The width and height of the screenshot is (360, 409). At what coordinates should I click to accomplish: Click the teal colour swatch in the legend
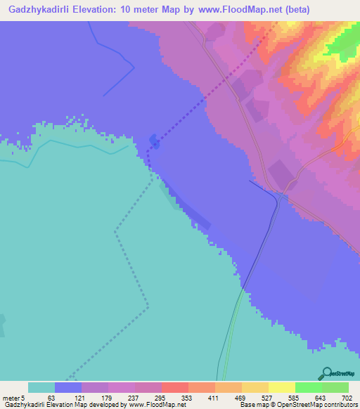(41, 387)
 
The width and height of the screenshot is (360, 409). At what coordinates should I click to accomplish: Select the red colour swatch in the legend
(175, 387)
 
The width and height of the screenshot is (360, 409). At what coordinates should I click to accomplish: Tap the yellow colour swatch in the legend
(282, 387)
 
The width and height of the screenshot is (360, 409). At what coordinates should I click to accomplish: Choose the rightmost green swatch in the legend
(335, 387)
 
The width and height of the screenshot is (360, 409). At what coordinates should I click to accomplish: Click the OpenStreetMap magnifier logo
(326, 373)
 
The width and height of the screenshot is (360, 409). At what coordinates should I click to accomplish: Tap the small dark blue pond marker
(154, 142)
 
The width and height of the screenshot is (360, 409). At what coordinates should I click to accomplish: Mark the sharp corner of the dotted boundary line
(148, 307)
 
